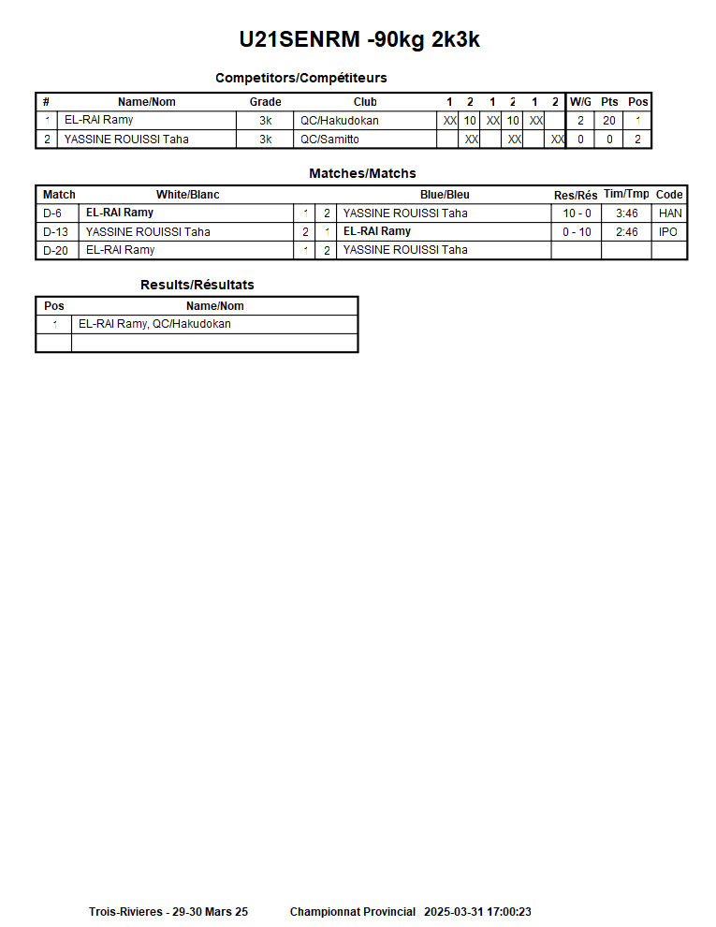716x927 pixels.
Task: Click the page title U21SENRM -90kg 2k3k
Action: pos(359,39)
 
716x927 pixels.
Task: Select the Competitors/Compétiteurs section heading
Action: pos(300,78)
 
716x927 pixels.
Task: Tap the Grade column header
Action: pos(265,102)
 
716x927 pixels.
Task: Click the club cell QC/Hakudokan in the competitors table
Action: pos(339,121)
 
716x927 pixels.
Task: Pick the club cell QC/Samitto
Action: pos(329,140)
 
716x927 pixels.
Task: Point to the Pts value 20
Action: pos(609,121)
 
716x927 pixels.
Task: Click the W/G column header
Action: pos(580,102)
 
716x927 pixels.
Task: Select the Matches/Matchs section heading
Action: pos(362,173)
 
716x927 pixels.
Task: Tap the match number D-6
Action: pos(52,213)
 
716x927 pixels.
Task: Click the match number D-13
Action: pos(55,232)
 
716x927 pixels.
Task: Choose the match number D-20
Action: pos(55,250)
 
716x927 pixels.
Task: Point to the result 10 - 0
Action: pos(577,213)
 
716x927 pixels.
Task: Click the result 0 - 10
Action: pos(577,232)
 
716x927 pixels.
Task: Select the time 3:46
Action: pos(626,213)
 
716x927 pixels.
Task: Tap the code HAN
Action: pos(670,213)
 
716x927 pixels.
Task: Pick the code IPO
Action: pos(668,232)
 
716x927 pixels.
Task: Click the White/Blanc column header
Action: pos(187,195)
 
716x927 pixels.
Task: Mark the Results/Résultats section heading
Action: pos(197,285)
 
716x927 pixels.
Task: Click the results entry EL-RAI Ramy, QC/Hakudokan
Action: pos(154,324)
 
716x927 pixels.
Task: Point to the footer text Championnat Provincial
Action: pos(352,912)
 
